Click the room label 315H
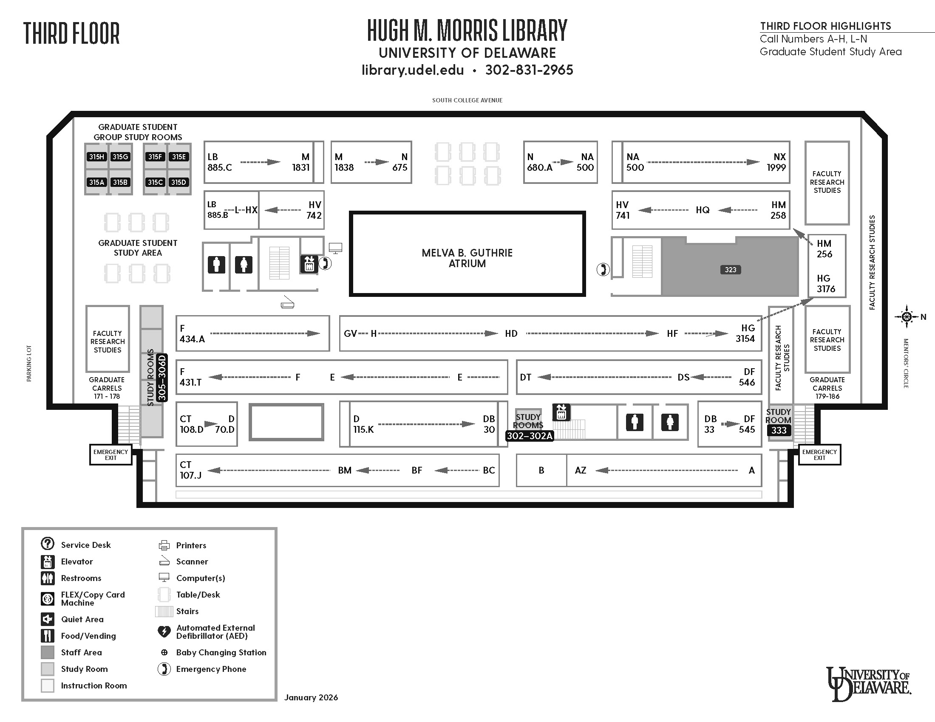tap(96, 157)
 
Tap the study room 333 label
tap(779, 430)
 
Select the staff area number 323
tap(730, 270)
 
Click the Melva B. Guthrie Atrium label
tap(467, 258)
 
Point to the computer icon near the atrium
tap(335, 248)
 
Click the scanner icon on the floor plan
tap(287, 303)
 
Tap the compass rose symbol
tap(907, 317)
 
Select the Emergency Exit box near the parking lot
tap(110, 455)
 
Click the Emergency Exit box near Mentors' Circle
tap(819, 455)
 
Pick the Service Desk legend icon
tap(48, 544)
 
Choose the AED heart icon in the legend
tap(164, 631)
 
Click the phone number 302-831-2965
tap(529, 70)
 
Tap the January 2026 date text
tap(311, 698)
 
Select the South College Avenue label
tap(467, 101)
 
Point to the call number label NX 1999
tap(776, 162)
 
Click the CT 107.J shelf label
tap(190, 470)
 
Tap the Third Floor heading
tap(71, 34)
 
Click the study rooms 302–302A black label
tap(530, 436)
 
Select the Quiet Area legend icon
tap(48, 619)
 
